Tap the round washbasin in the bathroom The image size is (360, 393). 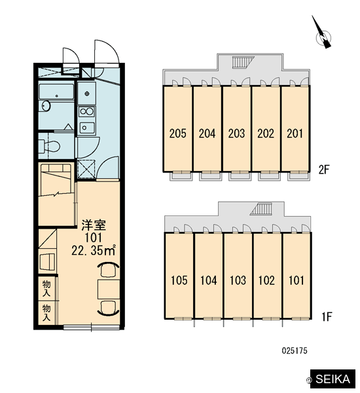[x=46, y=105]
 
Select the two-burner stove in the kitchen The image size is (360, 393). [x=86, y=111]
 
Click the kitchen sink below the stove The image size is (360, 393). [x=86, y=128]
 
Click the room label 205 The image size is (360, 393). [x=177, y=134]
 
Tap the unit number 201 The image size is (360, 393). [x=295, y=134]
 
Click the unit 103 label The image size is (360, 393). [x=238, y=280]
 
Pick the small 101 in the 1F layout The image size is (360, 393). [x=297, y=280]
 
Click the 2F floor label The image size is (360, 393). [x=324, y=170]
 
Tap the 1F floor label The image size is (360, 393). [x=327, y=316]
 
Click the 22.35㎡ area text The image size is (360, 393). [x=94, y=250]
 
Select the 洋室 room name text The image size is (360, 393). [x=94, y=225]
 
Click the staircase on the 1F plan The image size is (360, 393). [x=261, y=209]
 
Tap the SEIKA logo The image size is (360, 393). [x=333, y=379]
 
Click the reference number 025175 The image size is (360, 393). [x=295, y=350]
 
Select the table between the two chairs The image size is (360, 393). [x=109, y=290]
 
